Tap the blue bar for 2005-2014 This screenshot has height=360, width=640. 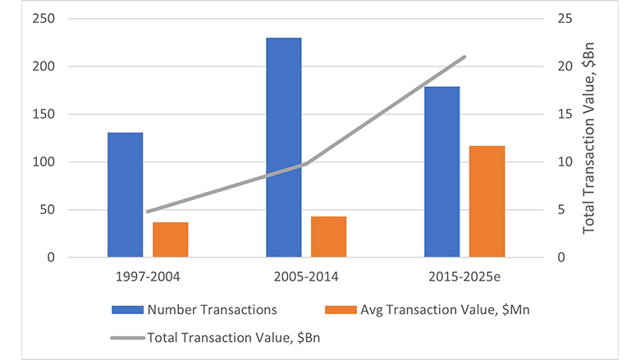click(x=283, y=148)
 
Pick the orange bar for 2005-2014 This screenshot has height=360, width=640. click(x=328, y=237)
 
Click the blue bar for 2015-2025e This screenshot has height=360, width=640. click(x=441, y=172)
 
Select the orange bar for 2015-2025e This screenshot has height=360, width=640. click(x=487, y=202)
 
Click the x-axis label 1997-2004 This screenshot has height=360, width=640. click(x=148, y=276)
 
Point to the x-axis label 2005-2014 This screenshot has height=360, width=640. click(x=306, y=276)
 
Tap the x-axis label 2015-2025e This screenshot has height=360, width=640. click(x=464, y=276)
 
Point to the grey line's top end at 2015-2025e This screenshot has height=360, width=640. click(x=464, y=57)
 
